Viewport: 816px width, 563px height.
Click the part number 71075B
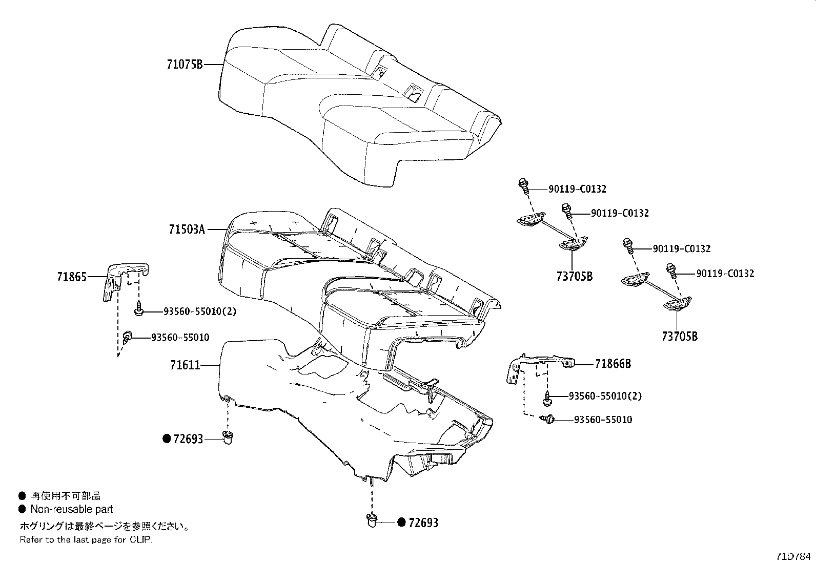coord(185,65)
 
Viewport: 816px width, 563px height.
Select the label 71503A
coord(187,230)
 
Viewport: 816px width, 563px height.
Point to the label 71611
coord(185,365)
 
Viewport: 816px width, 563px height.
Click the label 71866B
coord(613,364)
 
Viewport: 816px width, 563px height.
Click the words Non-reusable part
coord(72,509)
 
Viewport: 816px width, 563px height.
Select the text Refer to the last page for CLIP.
coord(86,539)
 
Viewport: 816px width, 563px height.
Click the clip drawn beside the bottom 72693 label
coord(371,521)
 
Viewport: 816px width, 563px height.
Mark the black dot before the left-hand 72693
coord(166,439)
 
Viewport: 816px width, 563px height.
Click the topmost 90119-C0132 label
coord(577,189)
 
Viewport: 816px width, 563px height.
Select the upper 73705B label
coord(574,276)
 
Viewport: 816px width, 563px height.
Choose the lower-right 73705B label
coord(679,337)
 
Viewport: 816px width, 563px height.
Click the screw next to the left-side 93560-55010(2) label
coord(138,309)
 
